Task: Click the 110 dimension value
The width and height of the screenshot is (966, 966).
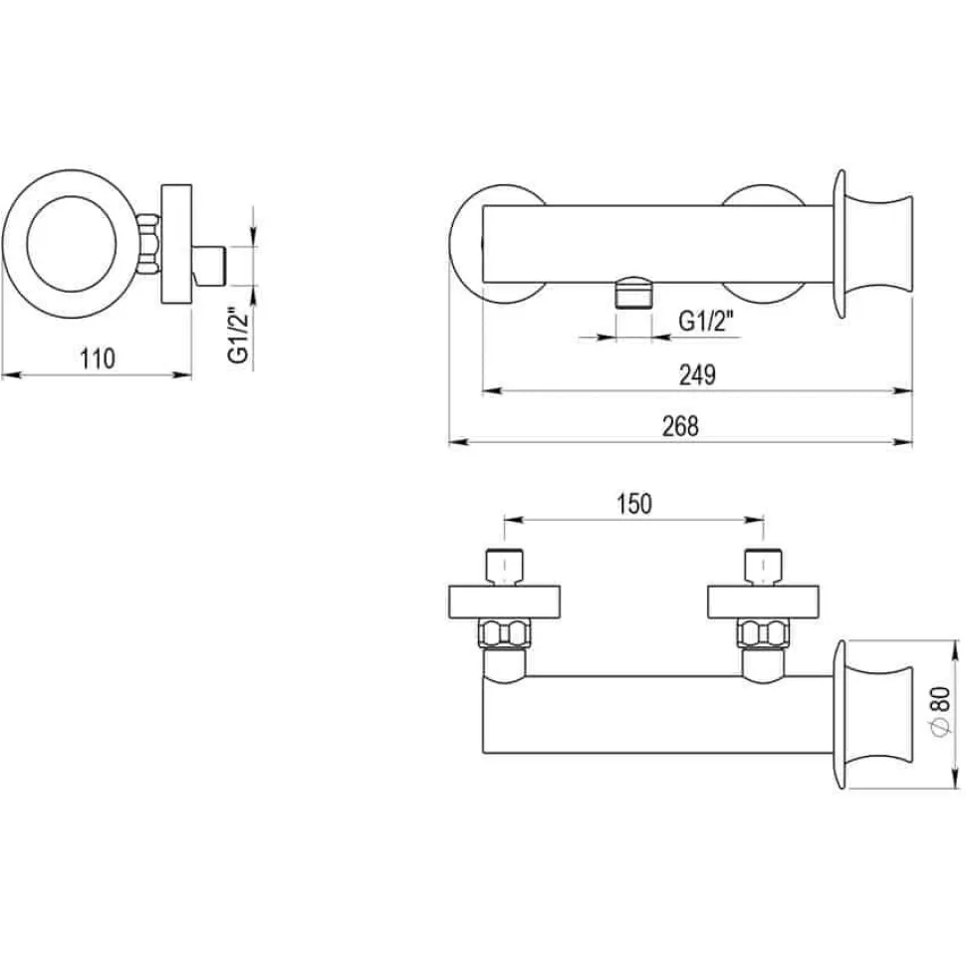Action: [98, 359]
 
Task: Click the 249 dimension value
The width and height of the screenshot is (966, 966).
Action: [697, 374]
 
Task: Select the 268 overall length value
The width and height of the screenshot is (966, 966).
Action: [680, 426]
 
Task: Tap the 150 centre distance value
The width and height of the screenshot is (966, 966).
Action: [634, 504]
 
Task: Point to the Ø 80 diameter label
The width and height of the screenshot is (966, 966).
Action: [941, 712]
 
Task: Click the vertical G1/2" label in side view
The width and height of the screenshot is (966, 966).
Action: [238, 335]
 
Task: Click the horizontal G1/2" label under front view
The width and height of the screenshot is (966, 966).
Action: [706, 321]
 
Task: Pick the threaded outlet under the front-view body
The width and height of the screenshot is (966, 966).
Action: [633, 293]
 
